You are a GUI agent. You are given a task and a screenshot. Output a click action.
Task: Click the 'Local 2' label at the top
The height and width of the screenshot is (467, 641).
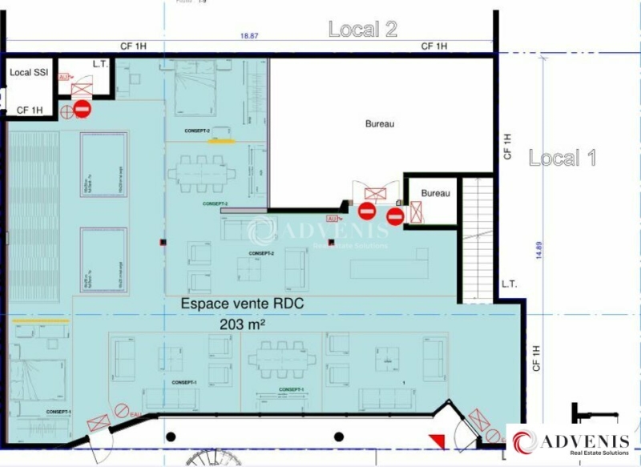click(x=363, y=30)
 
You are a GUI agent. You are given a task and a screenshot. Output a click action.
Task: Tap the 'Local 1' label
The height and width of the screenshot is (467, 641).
click(x=562, y=158)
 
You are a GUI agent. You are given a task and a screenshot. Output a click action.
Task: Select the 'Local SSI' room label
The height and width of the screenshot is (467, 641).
click(x=28, y=73)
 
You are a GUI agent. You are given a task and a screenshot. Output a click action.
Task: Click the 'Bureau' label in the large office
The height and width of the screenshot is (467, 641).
click(x=380, y=124)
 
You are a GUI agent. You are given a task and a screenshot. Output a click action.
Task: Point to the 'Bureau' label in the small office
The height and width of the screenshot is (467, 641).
click(x=435, y=193)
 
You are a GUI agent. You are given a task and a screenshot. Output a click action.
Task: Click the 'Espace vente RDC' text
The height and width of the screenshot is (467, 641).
click(x=243, y=304)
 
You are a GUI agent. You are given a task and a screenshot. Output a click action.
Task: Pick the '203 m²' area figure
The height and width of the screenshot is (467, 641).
click(x=242, y=324)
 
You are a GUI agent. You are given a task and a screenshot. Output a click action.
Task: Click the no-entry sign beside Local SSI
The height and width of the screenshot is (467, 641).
click(x=82, y=109)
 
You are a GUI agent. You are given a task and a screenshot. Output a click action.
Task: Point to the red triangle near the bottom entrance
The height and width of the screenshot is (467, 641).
click(x=436, y=440)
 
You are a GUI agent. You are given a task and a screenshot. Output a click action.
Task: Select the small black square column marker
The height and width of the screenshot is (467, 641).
click(x=162, y=243)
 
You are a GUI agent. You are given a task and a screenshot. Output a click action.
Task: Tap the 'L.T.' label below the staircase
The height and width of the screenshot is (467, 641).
click(x=509, y=284)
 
